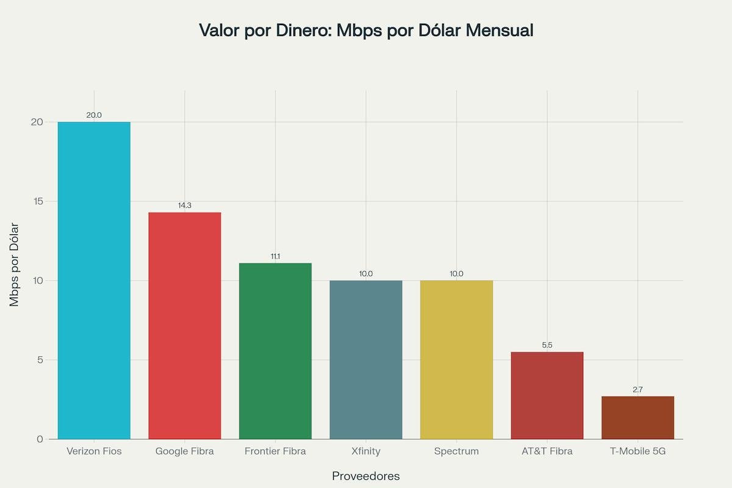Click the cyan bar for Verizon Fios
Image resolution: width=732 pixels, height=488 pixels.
click(94, 281)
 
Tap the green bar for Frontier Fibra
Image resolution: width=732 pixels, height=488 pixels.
click(275, 351)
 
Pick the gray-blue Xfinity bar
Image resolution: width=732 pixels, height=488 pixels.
click(366, 360)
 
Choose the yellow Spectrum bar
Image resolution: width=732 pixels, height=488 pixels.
click(456, 360)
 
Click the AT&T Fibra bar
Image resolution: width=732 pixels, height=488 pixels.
click(547, 395)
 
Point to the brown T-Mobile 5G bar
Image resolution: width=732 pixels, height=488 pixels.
click(637, 418)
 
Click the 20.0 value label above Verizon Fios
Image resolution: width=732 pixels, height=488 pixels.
click(94, 115)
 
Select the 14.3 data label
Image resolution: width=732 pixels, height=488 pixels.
click(185, 206)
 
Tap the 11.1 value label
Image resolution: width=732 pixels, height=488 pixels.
click(275, 257)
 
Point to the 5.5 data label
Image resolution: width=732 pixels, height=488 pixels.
click(547, 345)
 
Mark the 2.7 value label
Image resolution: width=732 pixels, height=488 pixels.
click(637, 389)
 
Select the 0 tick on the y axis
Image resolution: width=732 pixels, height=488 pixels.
click(40, 439)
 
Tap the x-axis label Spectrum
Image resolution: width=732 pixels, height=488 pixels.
click(456, 451)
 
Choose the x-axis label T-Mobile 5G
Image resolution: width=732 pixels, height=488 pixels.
click(637, 451)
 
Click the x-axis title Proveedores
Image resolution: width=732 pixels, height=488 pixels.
click(366, 476)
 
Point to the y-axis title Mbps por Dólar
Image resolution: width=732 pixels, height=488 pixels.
click(15, 265)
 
